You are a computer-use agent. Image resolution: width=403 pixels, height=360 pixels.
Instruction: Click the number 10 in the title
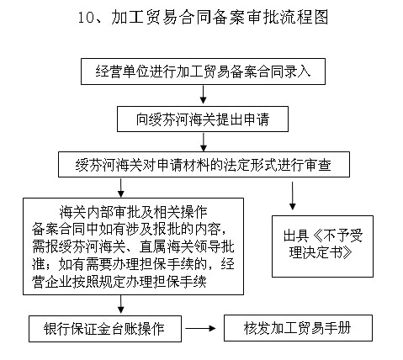click(87, 18)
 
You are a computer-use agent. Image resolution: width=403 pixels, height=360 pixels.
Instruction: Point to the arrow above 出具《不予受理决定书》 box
click(293, 196)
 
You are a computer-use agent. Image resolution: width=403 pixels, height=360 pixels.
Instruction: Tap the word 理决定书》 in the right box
click(319, 252)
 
